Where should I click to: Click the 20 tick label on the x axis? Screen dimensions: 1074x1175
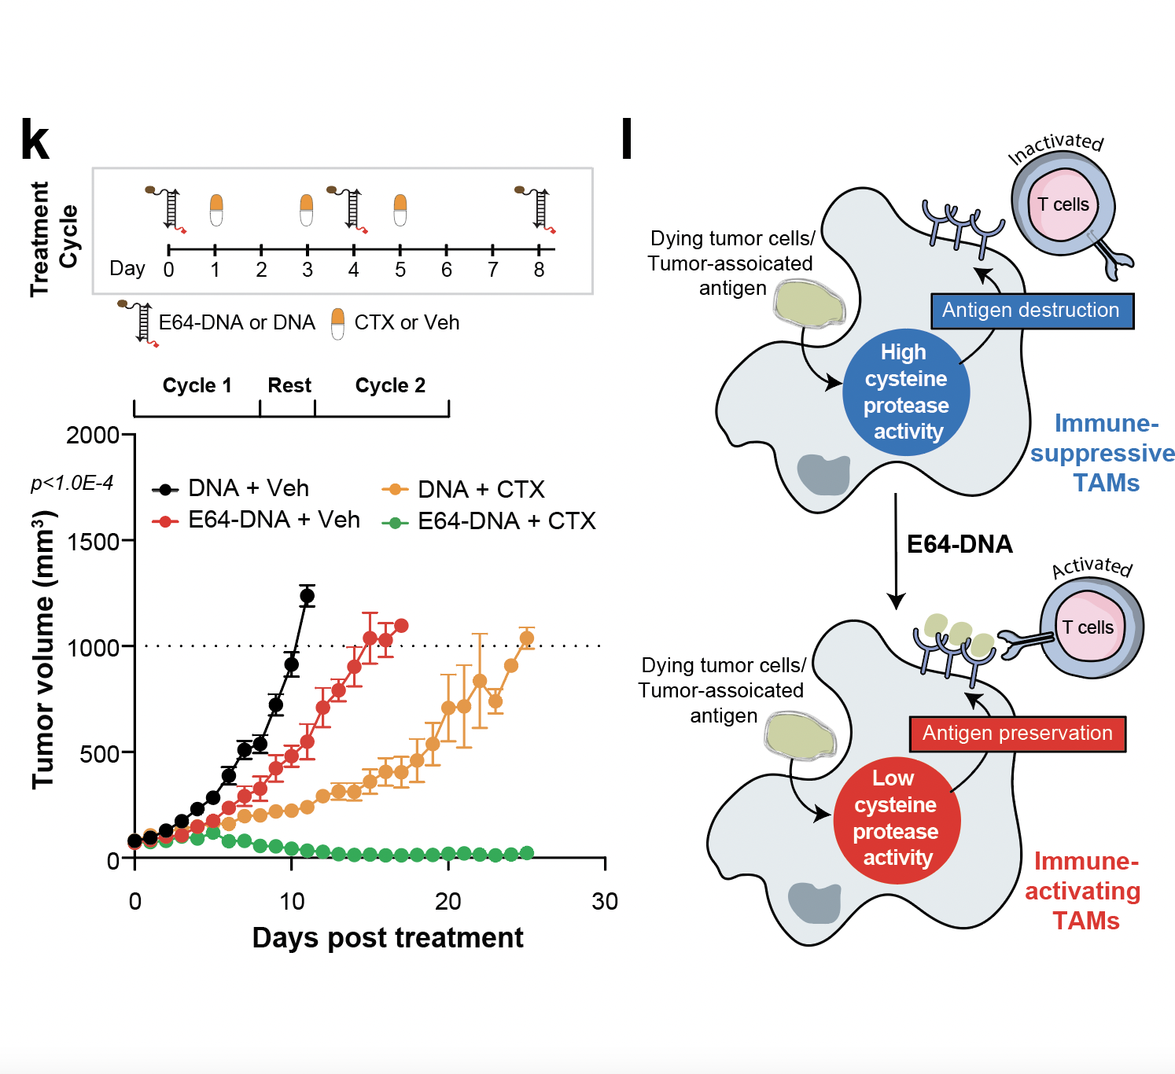448,901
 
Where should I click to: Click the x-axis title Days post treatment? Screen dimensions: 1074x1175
388,937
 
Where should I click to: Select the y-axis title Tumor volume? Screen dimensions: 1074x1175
44,649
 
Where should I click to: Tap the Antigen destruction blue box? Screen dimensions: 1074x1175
1031,311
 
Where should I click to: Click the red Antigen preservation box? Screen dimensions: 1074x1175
1017,734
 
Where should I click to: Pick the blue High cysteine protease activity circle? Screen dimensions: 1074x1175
905,392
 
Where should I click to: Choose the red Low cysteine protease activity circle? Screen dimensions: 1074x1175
897,818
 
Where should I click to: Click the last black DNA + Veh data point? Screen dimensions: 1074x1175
307,596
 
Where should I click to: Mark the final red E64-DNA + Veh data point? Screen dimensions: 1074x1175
401,626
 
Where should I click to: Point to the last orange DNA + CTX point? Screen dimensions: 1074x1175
527,638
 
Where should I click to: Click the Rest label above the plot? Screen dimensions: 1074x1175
289,385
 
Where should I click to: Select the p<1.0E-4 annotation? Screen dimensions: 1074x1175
72,483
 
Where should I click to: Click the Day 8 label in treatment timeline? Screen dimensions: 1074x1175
539,270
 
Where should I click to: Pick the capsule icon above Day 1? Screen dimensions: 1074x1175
216,210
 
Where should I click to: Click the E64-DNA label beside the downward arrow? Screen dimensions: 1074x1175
960,544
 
